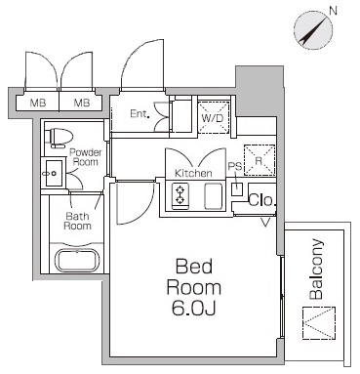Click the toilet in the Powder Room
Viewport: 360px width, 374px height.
coord(61,138)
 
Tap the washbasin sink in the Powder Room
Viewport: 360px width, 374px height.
coord(54,173)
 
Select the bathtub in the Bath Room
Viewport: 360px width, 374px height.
coord(77,260)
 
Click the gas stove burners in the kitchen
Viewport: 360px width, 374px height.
coord(180,194)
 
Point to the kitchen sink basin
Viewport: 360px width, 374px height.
coord(214,196)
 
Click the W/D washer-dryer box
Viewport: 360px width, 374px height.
coord(214,117)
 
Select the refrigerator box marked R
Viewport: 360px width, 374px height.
coord(260,160)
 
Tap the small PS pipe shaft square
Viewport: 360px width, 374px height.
coord(237,189)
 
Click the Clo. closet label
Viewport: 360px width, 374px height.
coord(262,200)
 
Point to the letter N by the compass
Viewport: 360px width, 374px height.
coord(333,11)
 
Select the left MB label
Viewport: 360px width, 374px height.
coord(38,104)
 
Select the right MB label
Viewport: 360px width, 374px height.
coord(82,104)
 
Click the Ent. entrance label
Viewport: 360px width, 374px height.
coord(140,113)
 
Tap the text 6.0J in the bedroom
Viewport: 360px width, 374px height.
coord(193,309)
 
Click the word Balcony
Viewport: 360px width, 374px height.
coord(316,270)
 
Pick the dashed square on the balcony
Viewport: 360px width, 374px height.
coord(319,323)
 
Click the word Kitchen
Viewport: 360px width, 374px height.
coord(193,173)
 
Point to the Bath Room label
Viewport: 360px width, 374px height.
coord(77,221)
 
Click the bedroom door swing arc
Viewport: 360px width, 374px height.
coord(143,210)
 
